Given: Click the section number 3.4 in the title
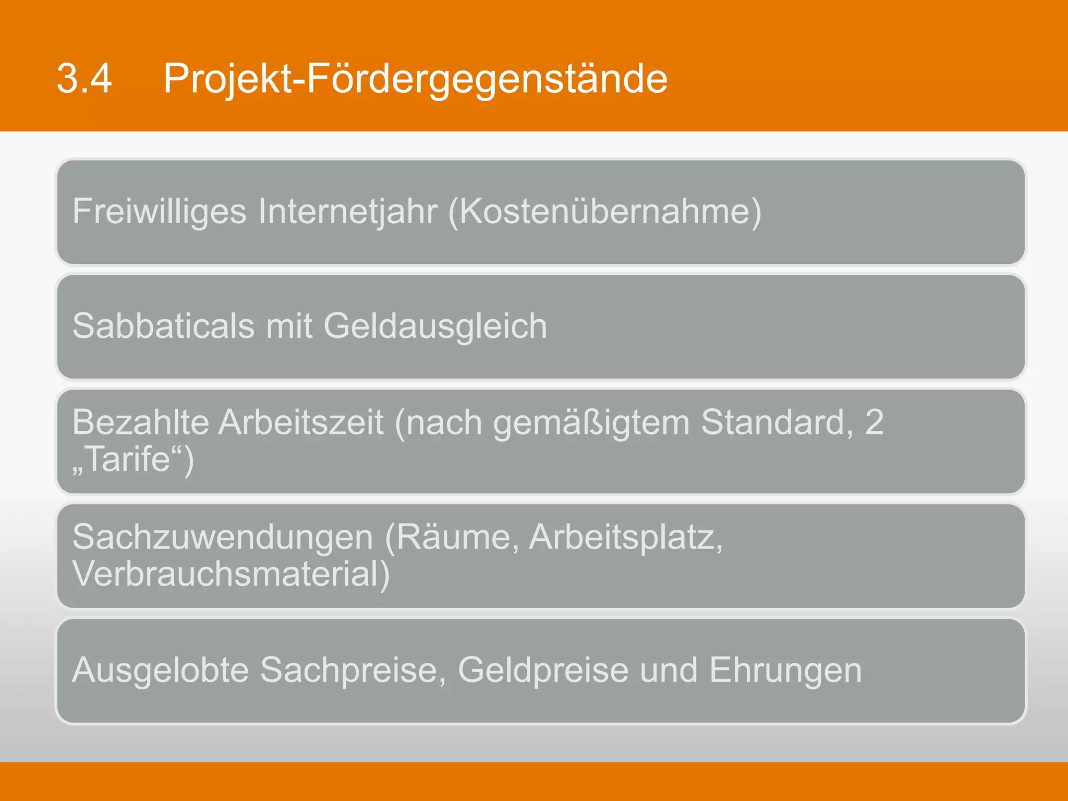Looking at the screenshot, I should [84, 79].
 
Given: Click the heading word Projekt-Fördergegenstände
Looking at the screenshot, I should [415, 79].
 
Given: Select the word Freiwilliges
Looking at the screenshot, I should [159, 212].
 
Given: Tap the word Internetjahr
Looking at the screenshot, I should [347, 212].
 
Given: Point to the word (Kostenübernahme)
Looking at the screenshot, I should [605, 212].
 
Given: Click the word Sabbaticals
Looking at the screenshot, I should [163, 326].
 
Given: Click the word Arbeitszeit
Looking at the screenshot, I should [301, 422].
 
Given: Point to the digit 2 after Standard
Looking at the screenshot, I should [874, 422].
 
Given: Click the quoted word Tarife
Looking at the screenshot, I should [128, 459].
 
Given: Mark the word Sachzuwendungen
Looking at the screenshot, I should [223, 537].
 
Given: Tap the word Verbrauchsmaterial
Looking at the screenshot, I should [230, 574].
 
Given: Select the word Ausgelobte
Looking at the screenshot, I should [161, 671].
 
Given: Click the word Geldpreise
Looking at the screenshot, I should [543, 671].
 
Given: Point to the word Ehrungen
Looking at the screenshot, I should [785, 671].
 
